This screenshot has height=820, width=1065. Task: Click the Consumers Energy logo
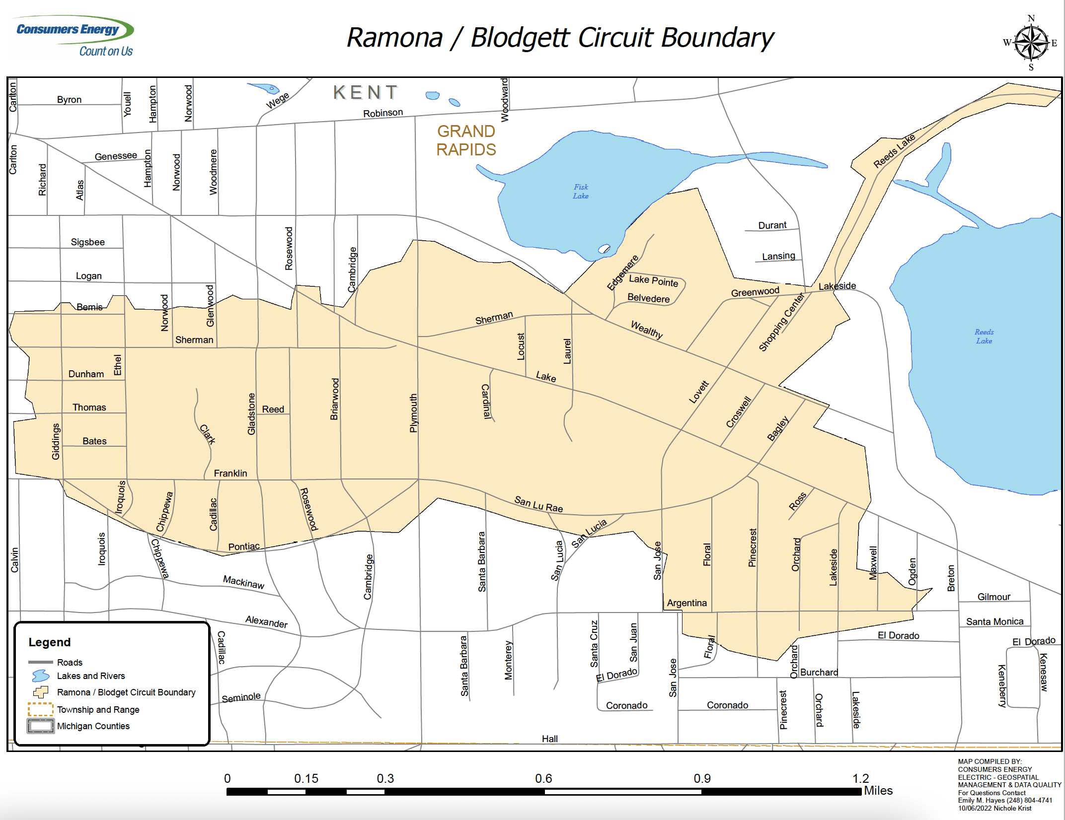pyautogui.click(x=74, y=36)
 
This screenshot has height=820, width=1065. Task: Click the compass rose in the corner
pyautogui.click(x=1031, y=43)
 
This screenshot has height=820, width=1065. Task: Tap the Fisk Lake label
pyautogui.click(x=581, y=192)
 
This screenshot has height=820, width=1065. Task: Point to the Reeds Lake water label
pyautogui.click(x=984, y=337)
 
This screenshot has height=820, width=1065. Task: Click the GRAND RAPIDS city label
pyautogui.click(x=466, y=140)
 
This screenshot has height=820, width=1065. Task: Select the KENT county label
pyautogui.click(x=366, y=93)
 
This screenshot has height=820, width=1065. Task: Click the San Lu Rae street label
pyautogui.click(x=538, y=504)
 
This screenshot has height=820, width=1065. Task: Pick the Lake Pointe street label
pyautogui.click(x=653, y=281)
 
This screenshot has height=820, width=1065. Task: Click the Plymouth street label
pyautogui.click(x=413, y=413)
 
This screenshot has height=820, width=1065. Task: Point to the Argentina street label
pyautogui.click(x=686, y=603)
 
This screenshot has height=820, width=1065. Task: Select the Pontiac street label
pyautogui.click(x=243, y=547)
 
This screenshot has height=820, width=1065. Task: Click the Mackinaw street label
pyautogui.click(x=243, y=582)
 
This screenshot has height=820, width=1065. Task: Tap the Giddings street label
pyautogui.click(x=56, y=441)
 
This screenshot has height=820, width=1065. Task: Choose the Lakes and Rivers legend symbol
pyautogui.click(x=41, y=676)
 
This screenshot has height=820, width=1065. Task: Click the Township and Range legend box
pyautogui.click(x=41, y=709)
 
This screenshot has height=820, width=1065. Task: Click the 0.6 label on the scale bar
pyautogui.click(x=543, y=778)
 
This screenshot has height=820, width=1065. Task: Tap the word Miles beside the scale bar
pyautogui.click(x=878, y=791)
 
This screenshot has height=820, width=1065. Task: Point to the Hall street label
pyautogui.click(x=549, y=739)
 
